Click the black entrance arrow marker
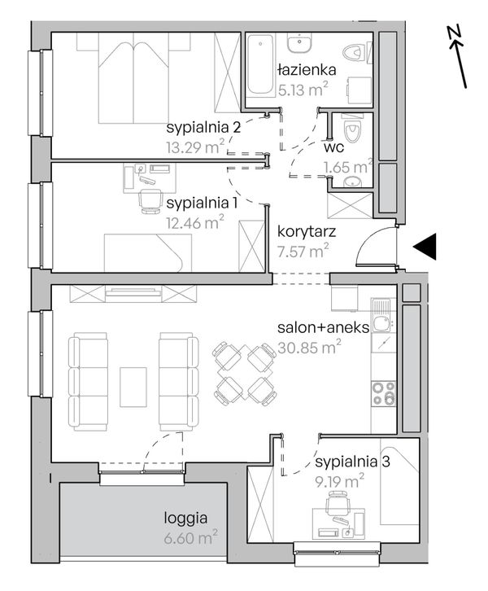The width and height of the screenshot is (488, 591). [427, 247]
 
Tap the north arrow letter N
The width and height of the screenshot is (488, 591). [455, 33]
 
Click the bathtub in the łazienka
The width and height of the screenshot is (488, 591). [260, 65]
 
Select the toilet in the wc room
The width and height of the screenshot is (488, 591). [353, 129]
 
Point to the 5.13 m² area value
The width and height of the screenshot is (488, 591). [303, 90]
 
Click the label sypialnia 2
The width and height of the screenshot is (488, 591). [203, 128]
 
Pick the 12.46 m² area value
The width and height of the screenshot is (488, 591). [195, 222]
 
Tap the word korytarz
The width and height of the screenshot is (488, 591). [307, 231]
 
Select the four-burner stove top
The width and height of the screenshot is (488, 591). [383, 393]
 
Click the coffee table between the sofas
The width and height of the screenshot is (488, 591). [133, 387]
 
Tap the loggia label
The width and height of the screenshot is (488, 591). [185, 519]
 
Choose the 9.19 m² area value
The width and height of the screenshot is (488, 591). [340, 481]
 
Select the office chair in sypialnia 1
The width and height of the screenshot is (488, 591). [150, 201]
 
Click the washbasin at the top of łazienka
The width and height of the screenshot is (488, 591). [299, 43]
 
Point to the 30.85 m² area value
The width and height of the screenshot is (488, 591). [310, 348]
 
